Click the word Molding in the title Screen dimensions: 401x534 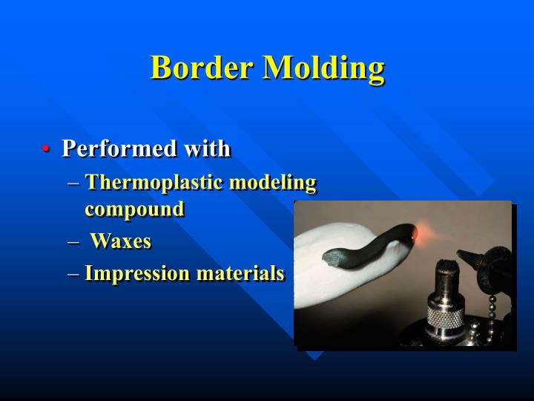pyautogui.click(x=324, y=68)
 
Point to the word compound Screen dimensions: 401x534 pyautogui.click(x=134, y=209)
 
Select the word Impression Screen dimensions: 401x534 pyautogui.click(x=137, y=273)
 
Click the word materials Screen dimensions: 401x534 pyautogui.click(x=240, y=273)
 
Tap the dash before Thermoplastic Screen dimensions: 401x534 pyautogui.click(x=72, y=183)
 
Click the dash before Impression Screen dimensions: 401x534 pyautogui.click(x=72, y=274)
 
